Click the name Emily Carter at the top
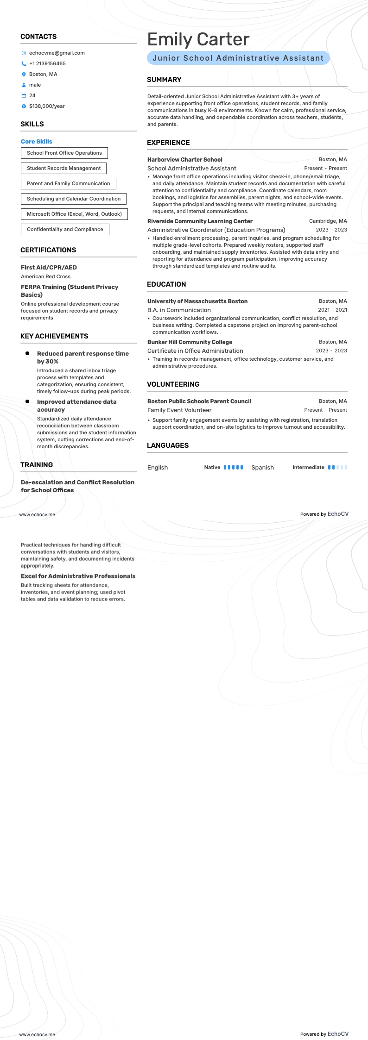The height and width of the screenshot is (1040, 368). (198, 40)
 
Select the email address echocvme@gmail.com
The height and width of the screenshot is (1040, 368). (57, 53)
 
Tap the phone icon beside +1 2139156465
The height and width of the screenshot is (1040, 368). (24, 64)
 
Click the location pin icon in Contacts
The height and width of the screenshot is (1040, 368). (24, 75)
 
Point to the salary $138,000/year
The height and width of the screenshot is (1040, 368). (47, 107)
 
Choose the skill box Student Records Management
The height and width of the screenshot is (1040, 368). (63, 169)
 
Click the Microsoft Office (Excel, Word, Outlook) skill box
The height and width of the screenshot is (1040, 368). (74, 214)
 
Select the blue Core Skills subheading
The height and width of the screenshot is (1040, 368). (37, 142)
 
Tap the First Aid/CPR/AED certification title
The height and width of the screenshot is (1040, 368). (49, 268)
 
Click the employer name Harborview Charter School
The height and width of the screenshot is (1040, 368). (185, 160)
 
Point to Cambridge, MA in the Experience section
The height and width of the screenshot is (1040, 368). (328, 221)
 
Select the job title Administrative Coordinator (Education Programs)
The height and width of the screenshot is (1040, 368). (216, 230)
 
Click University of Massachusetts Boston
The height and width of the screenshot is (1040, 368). (197, 301)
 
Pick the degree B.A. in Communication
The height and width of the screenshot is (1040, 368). (179, 310)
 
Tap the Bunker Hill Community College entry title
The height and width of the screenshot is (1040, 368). (190, 342)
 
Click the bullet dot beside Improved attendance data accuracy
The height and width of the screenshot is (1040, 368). (27, 401)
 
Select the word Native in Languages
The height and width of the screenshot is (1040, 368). (212, 468)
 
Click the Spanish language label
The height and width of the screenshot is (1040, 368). (262, 468)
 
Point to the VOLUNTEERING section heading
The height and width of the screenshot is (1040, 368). (173, 384)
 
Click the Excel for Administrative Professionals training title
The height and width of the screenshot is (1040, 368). (78, 576)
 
